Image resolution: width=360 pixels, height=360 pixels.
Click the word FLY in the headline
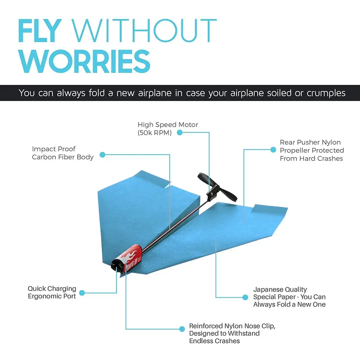pos(40,31)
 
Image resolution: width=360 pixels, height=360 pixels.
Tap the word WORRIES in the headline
pos(84,61)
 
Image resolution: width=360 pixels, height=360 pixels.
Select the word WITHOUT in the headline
pos(144,31)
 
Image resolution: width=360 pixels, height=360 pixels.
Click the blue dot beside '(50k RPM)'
pos(180,133)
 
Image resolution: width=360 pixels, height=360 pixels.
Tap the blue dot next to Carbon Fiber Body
pos(102,155)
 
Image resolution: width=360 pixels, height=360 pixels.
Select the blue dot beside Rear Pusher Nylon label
pos(273,150)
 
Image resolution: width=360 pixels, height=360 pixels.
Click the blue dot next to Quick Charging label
pos(82,293)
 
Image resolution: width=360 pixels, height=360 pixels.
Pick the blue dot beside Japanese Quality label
pos(245,297)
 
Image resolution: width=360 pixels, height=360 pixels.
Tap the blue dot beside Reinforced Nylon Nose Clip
pos(182,329)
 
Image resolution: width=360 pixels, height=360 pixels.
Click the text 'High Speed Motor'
pos(168,125)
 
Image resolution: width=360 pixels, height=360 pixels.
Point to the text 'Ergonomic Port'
pos(52,296)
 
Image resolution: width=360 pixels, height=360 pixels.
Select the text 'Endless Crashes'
pos(214,341)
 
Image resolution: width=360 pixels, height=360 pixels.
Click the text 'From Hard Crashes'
pos(311,159)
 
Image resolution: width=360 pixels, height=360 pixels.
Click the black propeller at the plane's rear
pos(217,187)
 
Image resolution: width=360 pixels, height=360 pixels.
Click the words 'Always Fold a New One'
pos(289,304)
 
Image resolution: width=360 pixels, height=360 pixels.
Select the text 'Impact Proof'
pos(54,149)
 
